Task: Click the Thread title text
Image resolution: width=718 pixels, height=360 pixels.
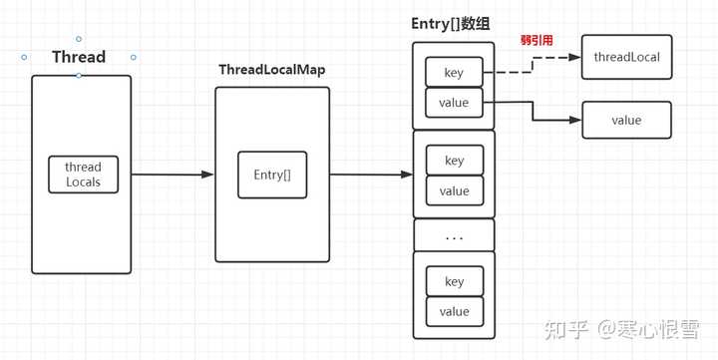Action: pos(79,57)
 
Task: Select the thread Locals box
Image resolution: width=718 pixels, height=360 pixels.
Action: pos(83,175)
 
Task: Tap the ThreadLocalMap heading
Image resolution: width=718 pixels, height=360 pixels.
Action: pos(272,70)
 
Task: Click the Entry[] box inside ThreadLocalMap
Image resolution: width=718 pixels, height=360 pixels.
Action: pos(271,175)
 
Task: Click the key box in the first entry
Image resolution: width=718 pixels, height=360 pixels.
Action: pos(454,72)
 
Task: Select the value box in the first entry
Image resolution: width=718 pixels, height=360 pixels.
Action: pos(454,102)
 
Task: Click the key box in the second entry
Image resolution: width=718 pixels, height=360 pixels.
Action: pos(454,161)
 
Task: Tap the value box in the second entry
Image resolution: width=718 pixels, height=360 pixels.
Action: pos(454,190)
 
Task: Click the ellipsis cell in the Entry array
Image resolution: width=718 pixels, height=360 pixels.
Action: pos(454,235)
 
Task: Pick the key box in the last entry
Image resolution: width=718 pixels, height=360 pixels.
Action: pos(454,281)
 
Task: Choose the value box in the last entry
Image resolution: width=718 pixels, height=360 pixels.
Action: pos(454,311)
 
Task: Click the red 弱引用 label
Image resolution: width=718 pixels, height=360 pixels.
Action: pos(536,41)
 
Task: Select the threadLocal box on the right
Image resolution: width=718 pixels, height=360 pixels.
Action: pos(626,57)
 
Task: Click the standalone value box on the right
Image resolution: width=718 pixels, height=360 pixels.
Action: pos(626,121)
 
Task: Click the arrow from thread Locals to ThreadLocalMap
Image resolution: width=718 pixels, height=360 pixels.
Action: pos(172,175)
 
